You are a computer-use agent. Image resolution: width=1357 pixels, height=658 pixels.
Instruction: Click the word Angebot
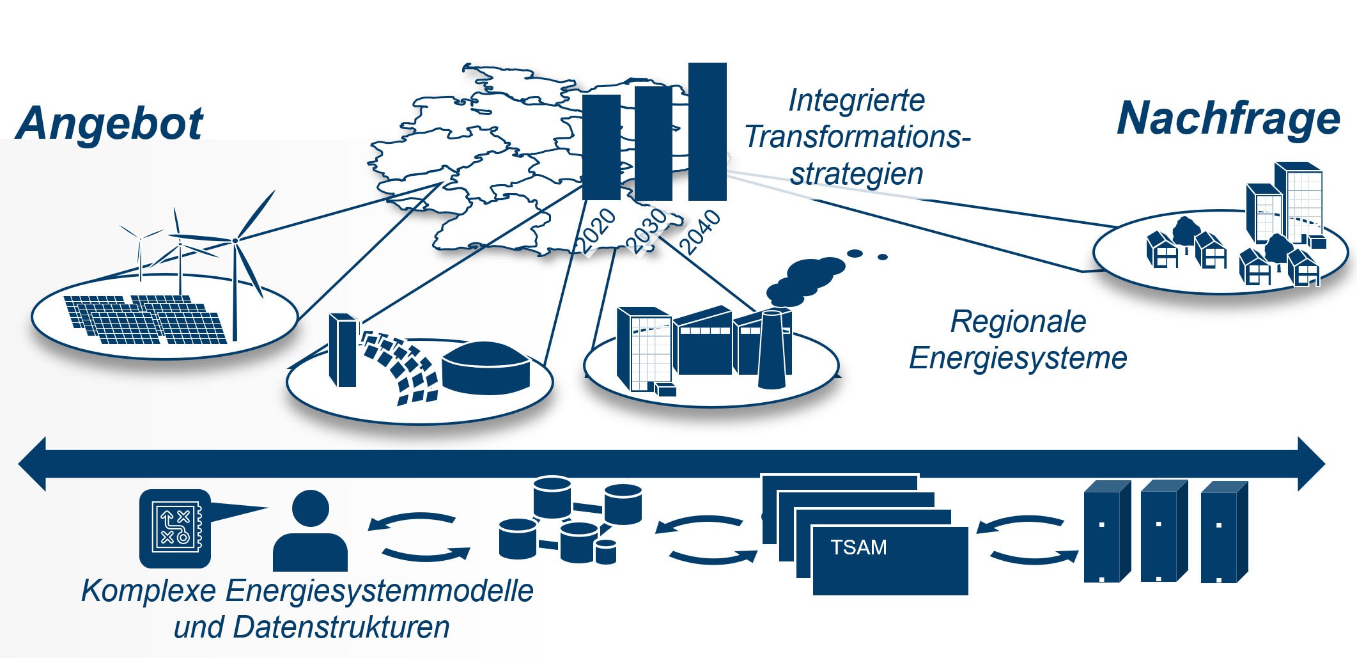click(109, 123)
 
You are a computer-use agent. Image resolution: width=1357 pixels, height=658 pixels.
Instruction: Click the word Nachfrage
click(1228, 119)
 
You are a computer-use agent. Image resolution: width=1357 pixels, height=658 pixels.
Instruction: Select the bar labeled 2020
click(601, 147)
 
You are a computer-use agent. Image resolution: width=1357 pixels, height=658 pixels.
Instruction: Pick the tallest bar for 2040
click(707, 131)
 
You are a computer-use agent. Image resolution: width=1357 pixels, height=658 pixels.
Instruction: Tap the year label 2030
click(647, 230)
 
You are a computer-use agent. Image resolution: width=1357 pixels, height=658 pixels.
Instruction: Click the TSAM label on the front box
click(858, 547)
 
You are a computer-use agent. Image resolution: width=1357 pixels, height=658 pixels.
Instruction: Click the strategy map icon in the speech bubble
click(174, 528)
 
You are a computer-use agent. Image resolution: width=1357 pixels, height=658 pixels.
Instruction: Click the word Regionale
click(1018, 322)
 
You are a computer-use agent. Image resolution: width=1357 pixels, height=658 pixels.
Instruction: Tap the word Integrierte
click(857, 100)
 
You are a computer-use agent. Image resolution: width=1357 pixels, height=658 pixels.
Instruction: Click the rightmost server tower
click(1223, 533)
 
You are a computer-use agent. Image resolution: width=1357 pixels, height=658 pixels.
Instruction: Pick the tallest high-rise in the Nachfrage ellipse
click(1298, 201)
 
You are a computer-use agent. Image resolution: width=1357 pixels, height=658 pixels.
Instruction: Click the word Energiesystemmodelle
click(379, 590)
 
